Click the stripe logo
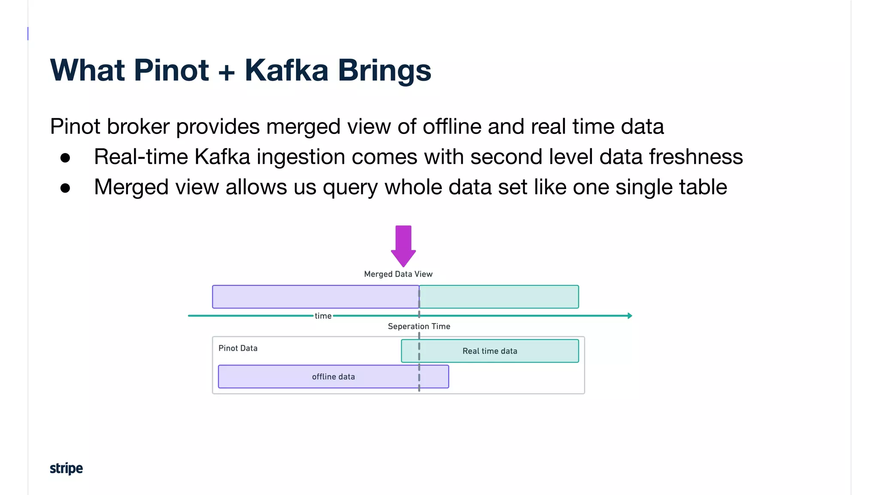click(x=66, y=468)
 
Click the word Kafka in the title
click(x=286, y=70)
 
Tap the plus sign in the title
click(x=227, y=71)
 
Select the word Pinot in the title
click(x=171, y=70)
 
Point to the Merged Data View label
click(x=398, y=274)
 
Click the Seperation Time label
click(x=419, y=326)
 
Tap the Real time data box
click(x=490, y=351)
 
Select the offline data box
click(x=333, y=377)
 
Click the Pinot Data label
click(x=238, y=348)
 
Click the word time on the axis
click(x=323, y=316)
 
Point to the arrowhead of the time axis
click(x=630, y=316)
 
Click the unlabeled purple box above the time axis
click(x=315, y=296)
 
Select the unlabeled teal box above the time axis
click(x=499, y=296)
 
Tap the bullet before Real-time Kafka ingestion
click(x=65, y=158)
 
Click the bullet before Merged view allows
click(x=65, y=188)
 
